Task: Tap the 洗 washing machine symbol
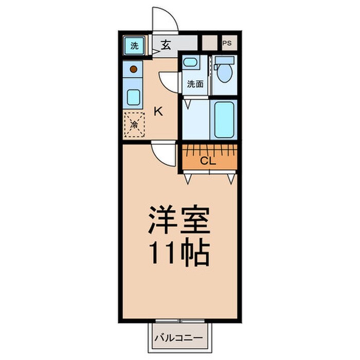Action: [x=134, y=45]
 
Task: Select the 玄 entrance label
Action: [x=166, y=44]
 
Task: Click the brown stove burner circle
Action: [x=133, y=68]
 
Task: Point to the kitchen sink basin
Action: [x=133, y=96]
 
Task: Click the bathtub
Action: [x=224, y=119]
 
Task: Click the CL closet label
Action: [x=208, y=160]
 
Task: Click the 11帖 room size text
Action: [x=179, y=252]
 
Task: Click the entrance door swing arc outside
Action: [x=166, y=21]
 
